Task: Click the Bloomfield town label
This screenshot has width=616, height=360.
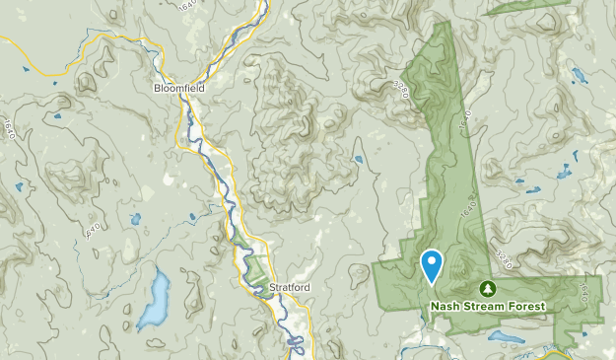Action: [179, 87]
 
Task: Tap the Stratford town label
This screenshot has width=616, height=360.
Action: [290, 289]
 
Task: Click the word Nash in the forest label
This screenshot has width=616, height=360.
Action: [445, 306]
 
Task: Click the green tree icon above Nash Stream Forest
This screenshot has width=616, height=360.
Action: [487, 288]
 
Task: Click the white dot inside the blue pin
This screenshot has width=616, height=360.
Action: [432, 261]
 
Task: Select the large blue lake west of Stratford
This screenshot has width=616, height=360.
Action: [154, 300]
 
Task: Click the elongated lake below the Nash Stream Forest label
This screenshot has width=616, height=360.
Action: [506, 336]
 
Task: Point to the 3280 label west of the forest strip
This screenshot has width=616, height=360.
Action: [400, 87]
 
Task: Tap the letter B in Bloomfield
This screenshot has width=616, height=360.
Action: [158, 87]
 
